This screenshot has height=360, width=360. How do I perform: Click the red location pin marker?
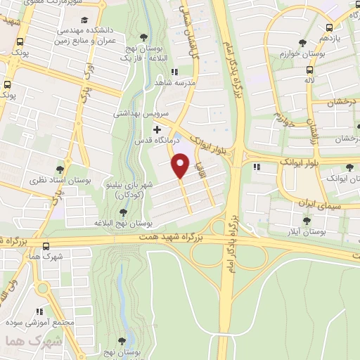181,166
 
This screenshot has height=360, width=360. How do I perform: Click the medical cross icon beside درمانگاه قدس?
157,130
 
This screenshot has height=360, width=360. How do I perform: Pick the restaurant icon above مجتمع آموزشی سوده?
40,309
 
